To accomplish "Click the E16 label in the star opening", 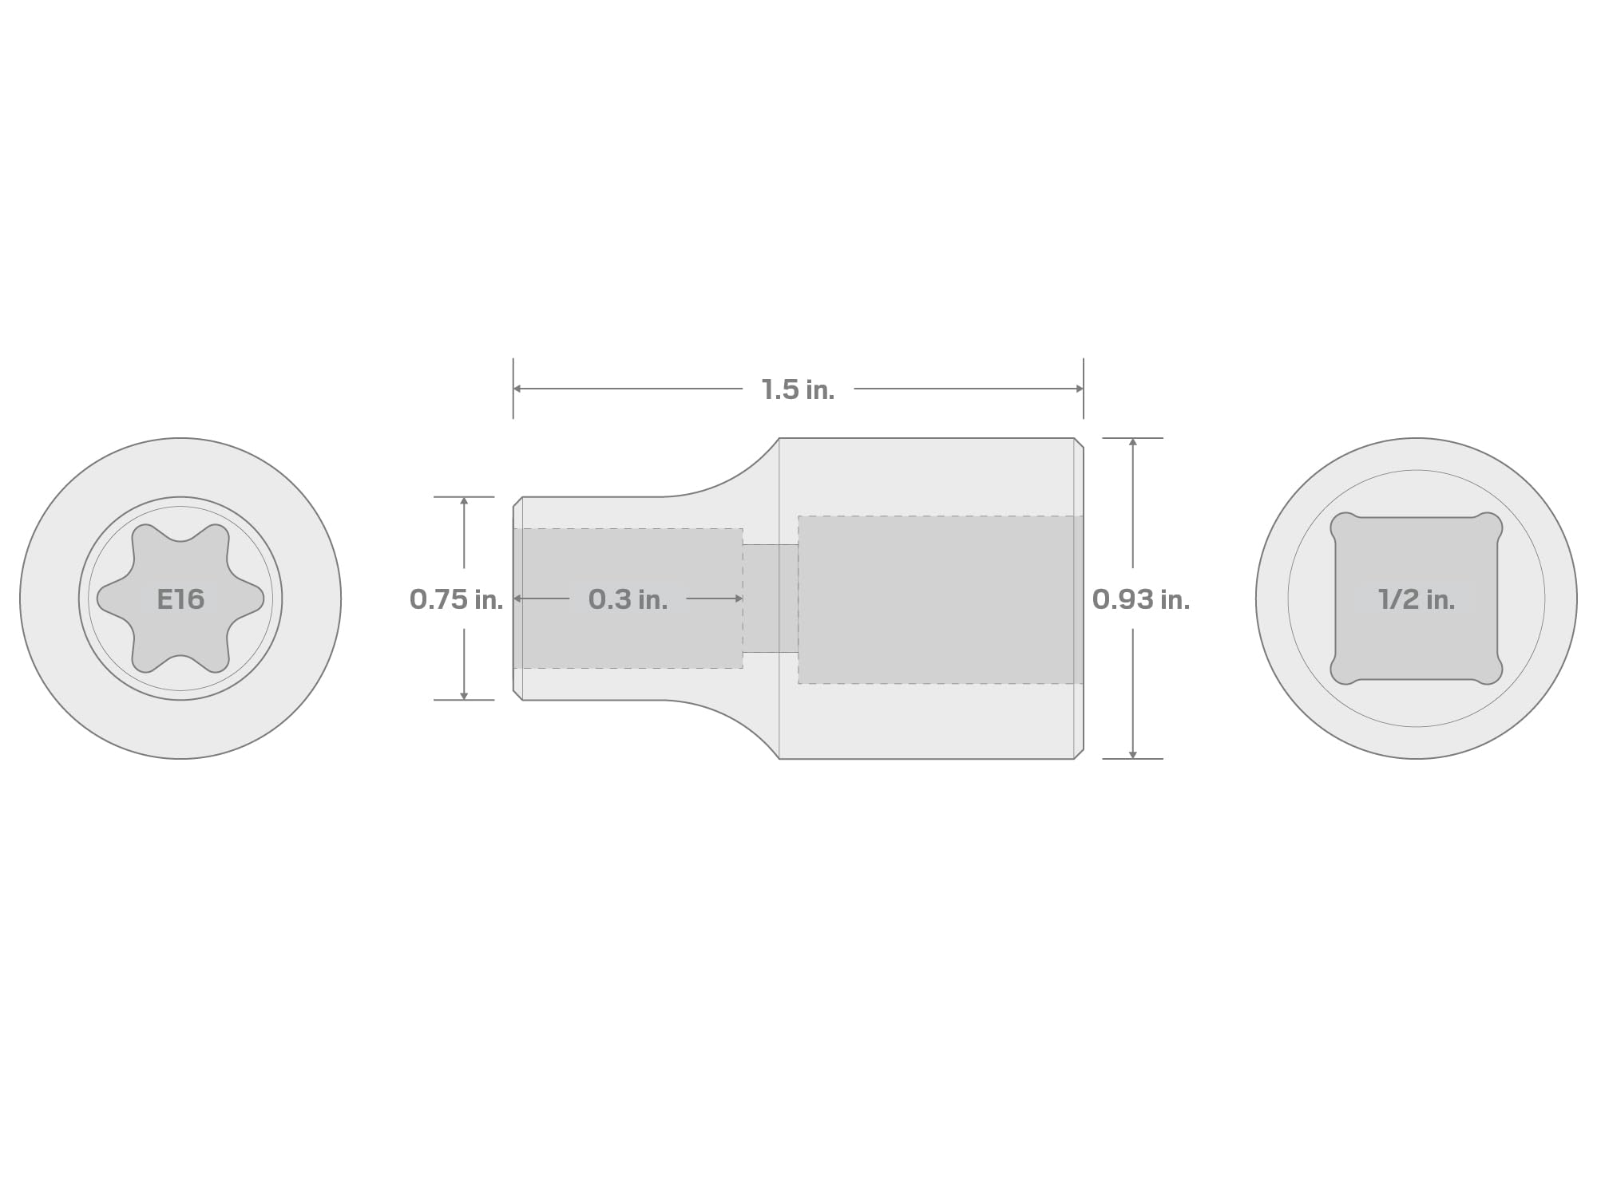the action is tap(180, 599).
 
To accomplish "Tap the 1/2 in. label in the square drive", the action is tap(1417, 599).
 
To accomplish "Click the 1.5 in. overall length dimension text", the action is tap(798, 389).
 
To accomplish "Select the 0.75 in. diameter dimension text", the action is tap(456, 599).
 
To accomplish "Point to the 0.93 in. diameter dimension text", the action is tap(1141, 599).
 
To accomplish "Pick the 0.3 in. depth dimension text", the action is tap(628, 599).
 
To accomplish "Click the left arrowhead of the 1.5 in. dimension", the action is tap(517, 389).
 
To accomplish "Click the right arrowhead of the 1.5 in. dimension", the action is tap(1079, 389).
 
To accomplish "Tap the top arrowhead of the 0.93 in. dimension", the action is tap(1132, 442).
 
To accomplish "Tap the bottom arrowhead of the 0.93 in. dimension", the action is tap(1132, 754).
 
